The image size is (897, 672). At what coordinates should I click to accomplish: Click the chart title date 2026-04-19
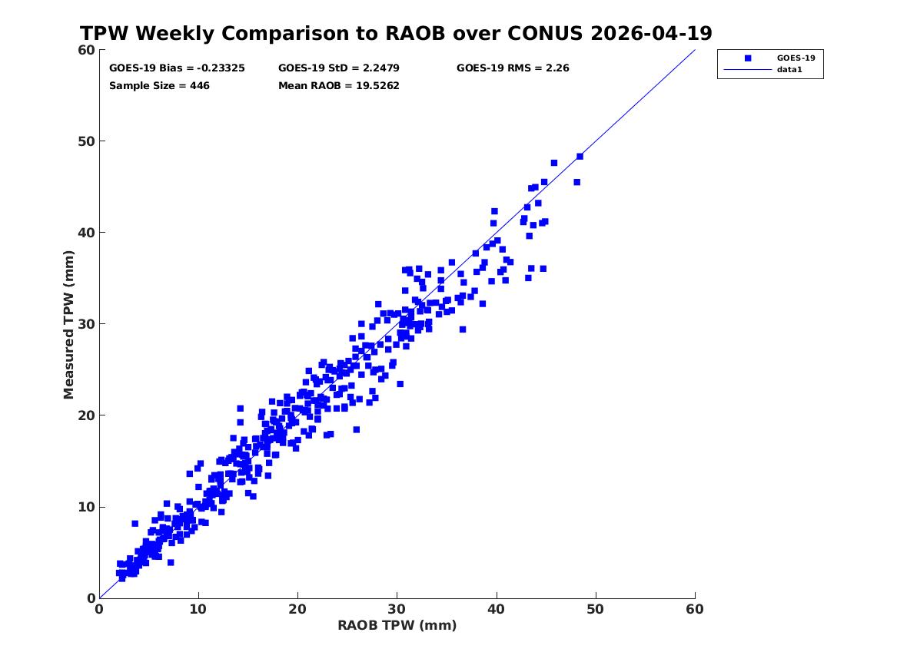[651, 33]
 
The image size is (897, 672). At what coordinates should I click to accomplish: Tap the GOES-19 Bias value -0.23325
[221, 68]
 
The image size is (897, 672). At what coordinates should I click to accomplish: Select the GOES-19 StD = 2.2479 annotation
[339, 68]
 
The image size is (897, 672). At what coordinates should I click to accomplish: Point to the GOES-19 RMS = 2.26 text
[513, 68]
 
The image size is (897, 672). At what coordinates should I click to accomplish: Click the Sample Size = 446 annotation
[159, 86]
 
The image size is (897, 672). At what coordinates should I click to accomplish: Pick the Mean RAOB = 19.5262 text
[339, 86]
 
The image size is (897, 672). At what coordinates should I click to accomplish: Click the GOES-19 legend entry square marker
[748, 58]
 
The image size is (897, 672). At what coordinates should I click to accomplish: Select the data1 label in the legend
[789, 70]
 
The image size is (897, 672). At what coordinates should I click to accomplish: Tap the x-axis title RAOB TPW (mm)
[397, 625]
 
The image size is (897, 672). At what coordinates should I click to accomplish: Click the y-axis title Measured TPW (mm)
[68, 325]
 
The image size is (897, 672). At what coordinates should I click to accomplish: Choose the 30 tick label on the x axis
[397, 609]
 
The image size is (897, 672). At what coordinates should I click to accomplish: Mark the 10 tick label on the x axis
[198, 609]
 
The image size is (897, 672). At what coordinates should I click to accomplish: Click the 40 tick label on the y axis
[86, 233]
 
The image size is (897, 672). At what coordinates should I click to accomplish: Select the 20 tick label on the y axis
[86, 415]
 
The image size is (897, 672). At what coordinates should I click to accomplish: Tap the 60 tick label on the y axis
[86, 50]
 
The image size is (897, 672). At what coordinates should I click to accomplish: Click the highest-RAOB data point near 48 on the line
[580, 157]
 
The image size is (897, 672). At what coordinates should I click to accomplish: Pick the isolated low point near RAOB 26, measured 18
[357, 430]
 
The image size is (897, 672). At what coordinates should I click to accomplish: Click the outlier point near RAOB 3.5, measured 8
[135, 524]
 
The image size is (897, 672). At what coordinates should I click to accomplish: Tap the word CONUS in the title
[545, 33]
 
